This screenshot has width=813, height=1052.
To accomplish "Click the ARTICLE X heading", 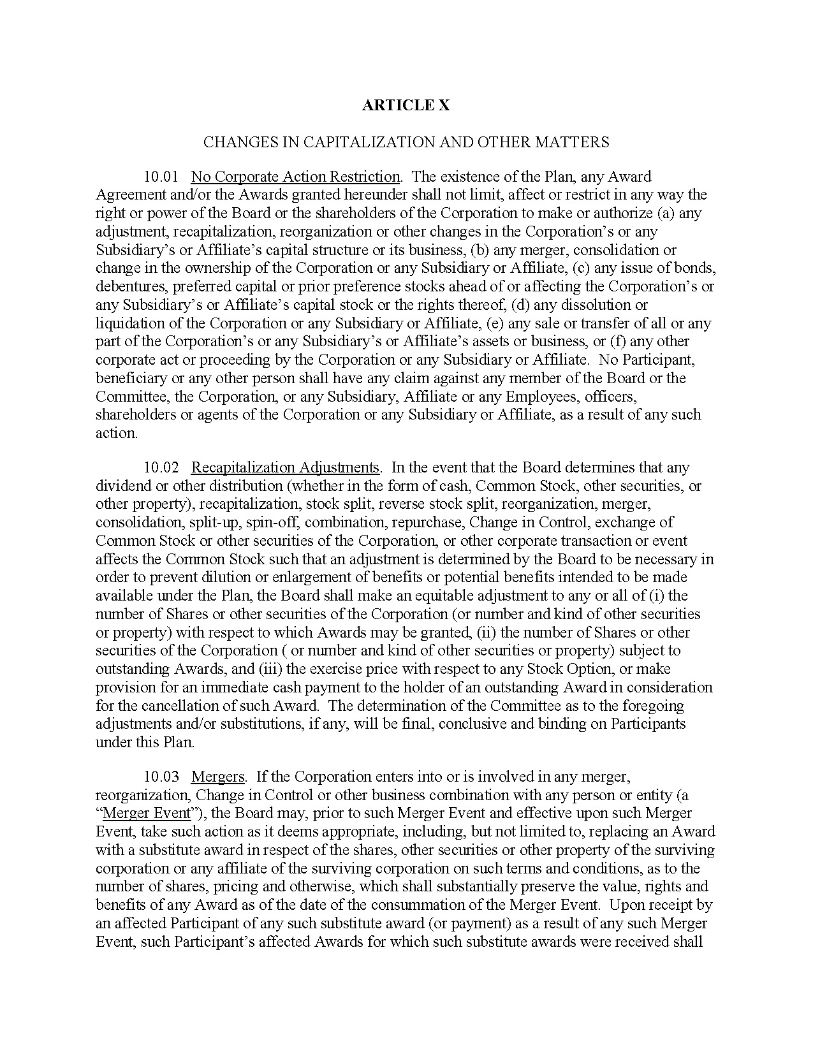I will pyautogui.click(x=406, y=105).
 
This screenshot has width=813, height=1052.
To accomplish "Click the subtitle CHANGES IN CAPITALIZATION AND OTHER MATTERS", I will pyautogui.click(x=406, y=142).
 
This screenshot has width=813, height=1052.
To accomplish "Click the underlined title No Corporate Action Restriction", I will pyautogui.click(x=295, y=177).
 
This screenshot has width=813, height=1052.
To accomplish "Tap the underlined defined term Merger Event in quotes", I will pyautogui.click(x=147, y=814).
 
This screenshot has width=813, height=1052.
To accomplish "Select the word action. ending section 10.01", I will pyautogui.click(x=116, y=433).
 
